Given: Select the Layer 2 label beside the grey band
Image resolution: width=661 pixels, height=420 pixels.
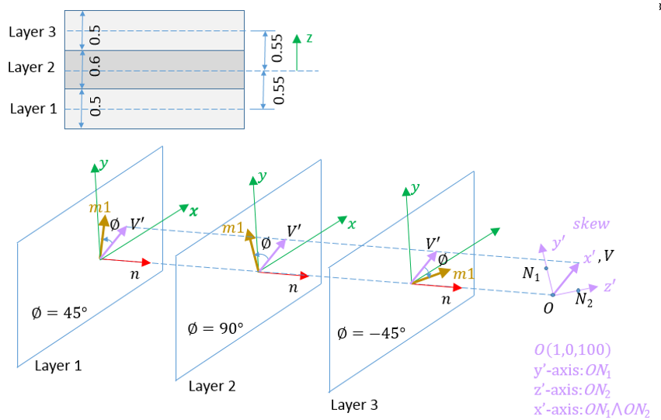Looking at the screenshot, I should coord(31,68).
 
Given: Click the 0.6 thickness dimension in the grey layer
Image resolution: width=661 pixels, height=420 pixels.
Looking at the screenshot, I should coord(96,68).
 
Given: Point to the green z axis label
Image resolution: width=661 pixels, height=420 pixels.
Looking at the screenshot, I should coord(308,37).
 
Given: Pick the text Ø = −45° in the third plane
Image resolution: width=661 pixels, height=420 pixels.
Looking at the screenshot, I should coord(372,334).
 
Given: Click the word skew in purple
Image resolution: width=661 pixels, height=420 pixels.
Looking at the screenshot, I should coord(591,224).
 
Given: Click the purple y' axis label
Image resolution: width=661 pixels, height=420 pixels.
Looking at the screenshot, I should coord(558,243).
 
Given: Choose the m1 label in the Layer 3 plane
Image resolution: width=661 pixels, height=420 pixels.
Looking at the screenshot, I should coord(464,275).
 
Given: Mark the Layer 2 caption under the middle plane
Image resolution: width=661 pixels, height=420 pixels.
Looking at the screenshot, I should coord(212,386).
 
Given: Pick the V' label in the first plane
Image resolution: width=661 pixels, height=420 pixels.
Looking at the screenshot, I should coord(137,224).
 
